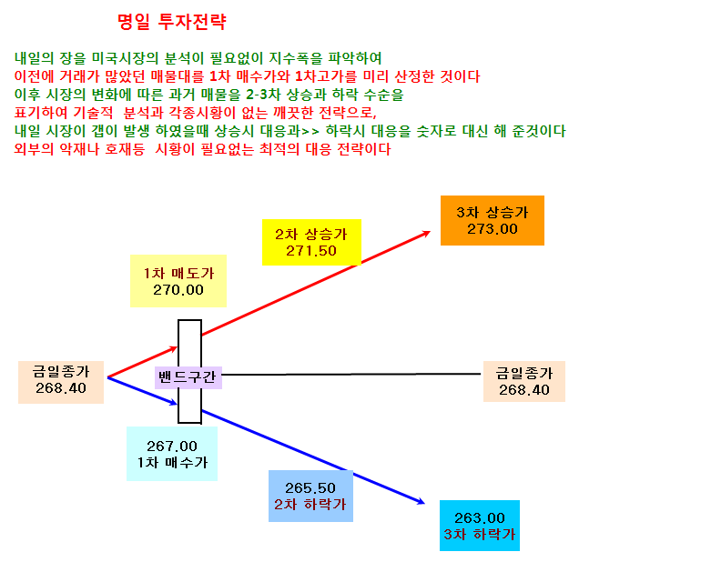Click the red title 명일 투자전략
pyautogui.click(x=172, y=22)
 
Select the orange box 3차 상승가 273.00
pyautogui.click(x=493, y=220)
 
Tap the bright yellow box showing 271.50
pyautogui.click(x=311, y=242)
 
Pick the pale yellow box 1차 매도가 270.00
pyautogui.click(x=178, y=281)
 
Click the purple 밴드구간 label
pyautogui.click(x=188, y=377)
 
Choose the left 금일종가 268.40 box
pyautogui.click(x=61, y=382)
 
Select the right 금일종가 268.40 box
pyautogui.click(x=524, y=382)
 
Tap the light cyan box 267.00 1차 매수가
pyautogui.click(x=172, y=454)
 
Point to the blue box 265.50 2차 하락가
pyautogui.click(x=310, y=496)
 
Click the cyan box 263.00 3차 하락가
pyautogui.click(x=480, y=526)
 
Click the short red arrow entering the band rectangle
pyautogui.click(x=143, y=362)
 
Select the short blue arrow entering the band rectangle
pyautogui.click(x=143, y=391)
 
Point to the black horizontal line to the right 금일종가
pyautogui.click(x=351, y=375)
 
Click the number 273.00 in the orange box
pyautogui.click(x=493, y=229)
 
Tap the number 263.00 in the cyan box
pyautogui.click(x=480, y=518)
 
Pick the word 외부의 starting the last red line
pyautogui.click(x=34, y=149)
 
